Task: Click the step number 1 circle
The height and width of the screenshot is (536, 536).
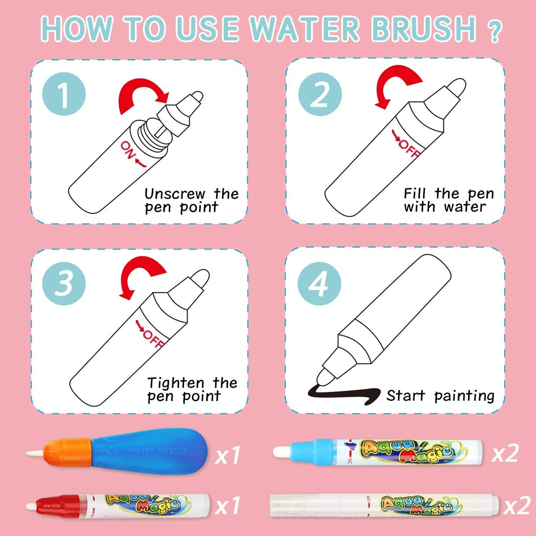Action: [x=64, y=94]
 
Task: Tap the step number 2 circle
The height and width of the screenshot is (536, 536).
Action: [x=320, y=94]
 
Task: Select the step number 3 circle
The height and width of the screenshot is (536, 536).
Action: [x=64, y=283]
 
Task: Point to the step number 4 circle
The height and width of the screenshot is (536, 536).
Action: [x=319, y=283]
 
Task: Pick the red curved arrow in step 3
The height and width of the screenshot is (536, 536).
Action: [x=141, y=274]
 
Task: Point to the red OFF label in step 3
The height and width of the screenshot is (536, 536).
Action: [x=150, y=335]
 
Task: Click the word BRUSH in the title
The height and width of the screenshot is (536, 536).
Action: [x=424, y=29]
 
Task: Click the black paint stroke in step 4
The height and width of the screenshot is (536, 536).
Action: [x=343, y=394]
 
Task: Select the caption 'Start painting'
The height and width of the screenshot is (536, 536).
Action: [x=440, y=396]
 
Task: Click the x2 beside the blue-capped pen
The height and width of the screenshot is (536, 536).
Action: [x=505, y=453]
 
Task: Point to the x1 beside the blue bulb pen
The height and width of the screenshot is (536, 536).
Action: [x=228, y=455]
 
